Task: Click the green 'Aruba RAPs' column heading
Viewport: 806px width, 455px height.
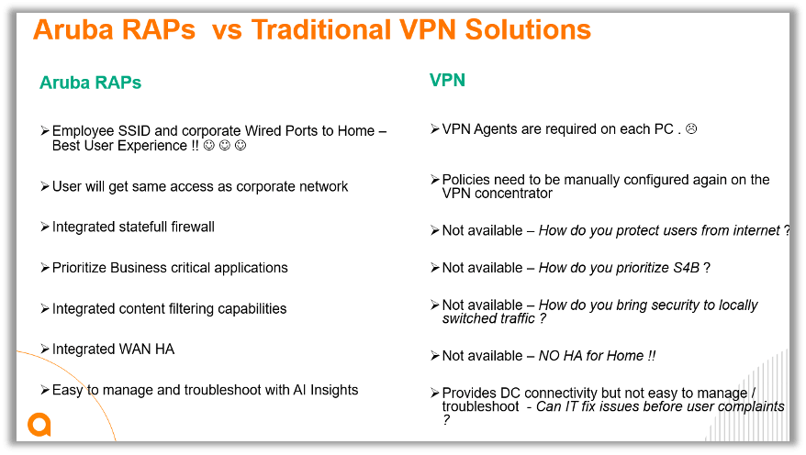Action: [x=91, y=83]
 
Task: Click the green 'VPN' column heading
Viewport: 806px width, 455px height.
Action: [x=447, y=80]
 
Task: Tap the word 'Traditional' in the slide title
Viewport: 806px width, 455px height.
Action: [x=321, y=29]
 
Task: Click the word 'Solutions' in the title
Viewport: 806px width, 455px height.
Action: [x=528, y=29]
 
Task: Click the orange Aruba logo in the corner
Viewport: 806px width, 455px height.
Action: [x=39, y=424]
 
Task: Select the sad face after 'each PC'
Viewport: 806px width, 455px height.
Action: [x=691, y=129]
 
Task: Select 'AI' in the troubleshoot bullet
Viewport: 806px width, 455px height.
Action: [x=299, y=390]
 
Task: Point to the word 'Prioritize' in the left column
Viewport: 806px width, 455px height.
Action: [x=79, y=268]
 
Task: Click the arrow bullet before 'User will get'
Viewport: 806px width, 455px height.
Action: [x=45, y=186]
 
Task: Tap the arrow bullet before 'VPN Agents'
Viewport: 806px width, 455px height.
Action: [x=435, y=128]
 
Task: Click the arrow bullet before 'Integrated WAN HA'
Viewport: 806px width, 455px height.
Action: [x=45, y=349]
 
